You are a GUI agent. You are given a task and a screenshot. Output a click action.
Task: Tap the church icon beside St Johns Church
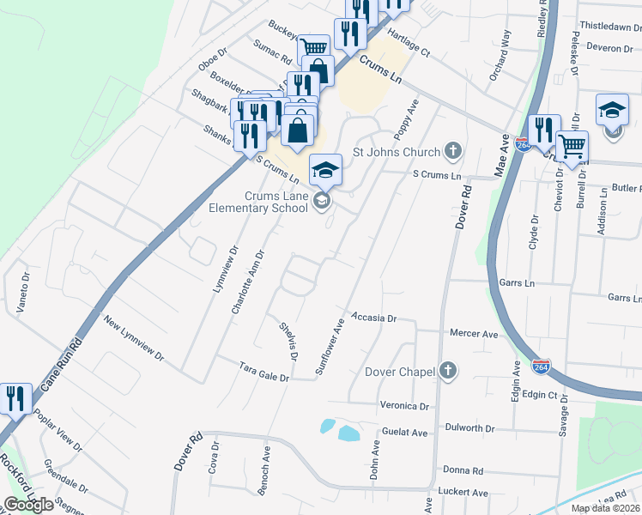coord(453,152)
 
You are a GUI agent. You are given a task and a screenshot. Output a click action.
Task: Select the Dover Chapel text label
coord(399,372)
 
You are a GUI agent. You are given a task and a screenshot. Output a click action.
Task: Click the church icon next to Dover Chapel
coord(447,371)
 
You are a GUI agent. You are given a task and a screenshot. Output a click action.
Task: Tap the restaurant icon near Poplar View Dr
coord(15,398)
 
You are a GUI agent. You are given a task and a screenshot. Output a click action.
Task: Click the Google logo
coord(29,505)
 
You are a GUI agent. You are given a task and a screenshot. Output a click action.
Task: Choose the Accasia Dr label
coord(373,318)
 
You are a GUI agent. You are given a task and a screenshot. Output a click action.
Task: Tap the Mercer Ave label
coord(474,333)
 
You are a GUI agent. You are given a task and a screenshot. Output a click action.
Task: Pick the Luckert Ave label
coord(465,493)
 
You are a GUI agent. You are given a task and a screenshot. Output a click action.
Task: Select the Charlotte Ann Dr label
coord(248,282)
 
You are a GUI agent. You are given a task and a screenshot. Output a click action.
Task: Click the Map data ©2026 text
coord(606,508)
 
